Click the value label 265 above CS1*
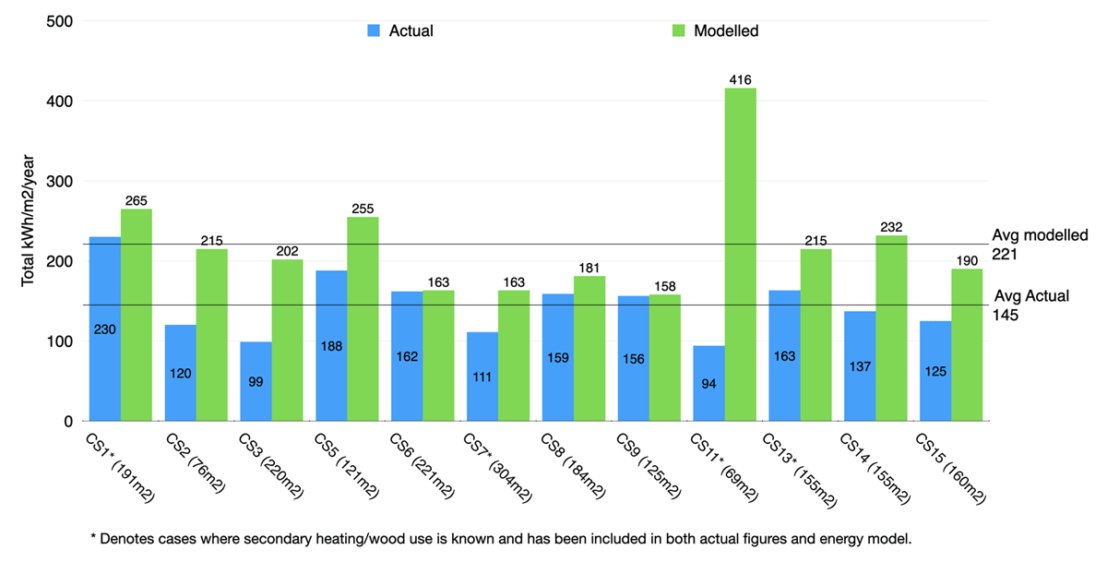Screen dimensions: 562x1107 (137, 201)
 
